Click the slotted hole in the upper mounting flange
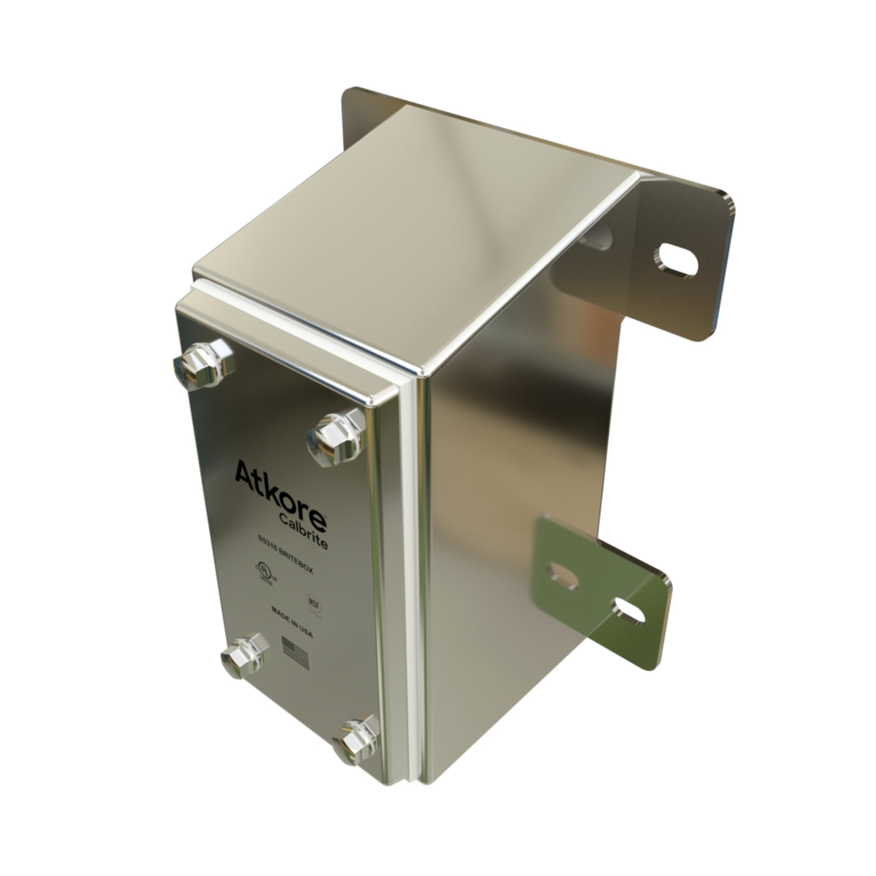coord(676,260)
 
